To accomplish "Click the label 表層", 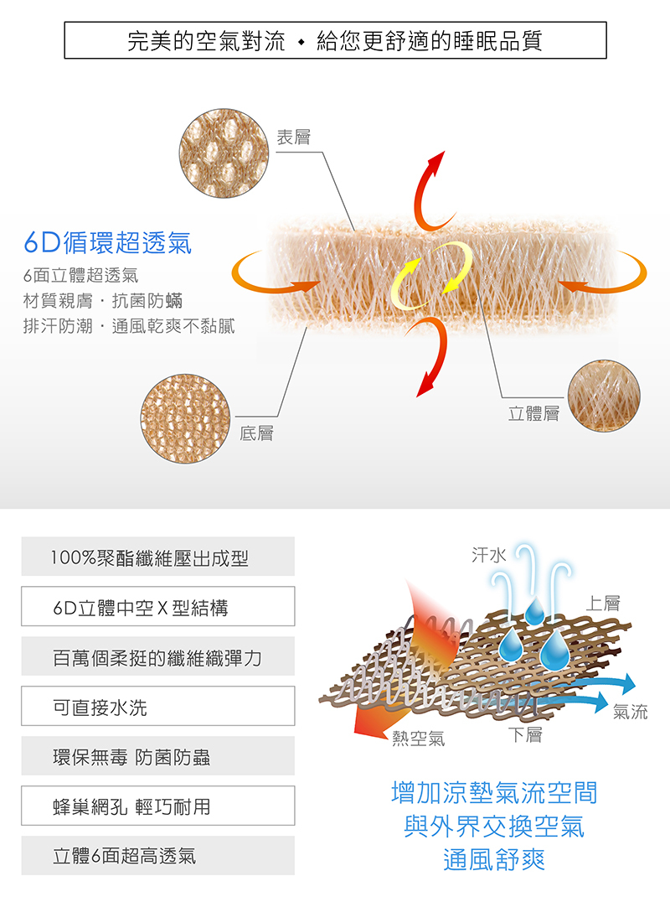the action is click(294, 137).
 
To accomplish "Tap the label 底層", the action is click(256, 433).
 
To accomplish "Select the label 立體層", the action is click(533, 413).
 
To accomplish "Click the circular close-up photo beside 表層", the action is click(224, 153).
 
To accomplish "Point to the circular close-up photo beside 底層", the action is click(186, 419).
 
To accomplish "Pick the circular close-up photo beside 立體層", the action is click(604, 396).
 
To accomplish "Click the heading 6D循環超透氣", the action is click(107, 242).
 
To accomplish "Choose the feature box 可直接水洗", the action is click(158, 706).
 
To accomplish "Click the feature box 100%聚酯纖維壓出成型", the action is click(158, 557).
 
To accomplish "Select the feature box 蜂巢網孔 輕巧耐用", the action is click(158, 806).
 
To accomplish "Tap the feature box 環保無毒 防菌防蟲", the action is click(158, 755).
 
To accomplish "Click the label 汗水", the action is click(488, 555).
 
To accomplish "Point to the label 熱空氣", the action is click(418, 738).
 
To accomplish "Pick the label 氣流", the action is click(631, 713).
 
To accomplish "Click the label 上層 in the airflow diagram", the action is click(603, 603).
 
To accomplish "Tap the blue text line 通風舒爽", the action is click(494, 859).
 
